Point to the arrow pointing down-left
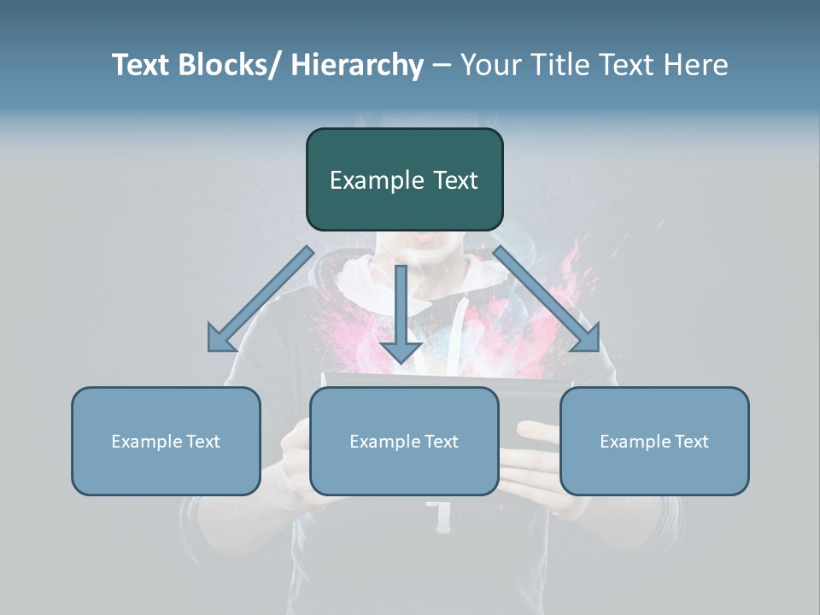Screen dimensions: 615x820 point(260,300)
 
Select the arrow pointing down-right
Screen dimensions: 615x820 point(547,300)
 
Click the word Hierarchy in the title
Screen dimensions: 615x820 point(357,65)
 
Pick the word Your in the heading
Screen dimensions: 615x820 point(488,65)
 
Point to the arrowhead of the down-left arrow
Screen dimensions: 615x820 point(220,339)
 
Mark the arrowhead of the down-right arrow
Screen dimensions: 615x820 point(587,339)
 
